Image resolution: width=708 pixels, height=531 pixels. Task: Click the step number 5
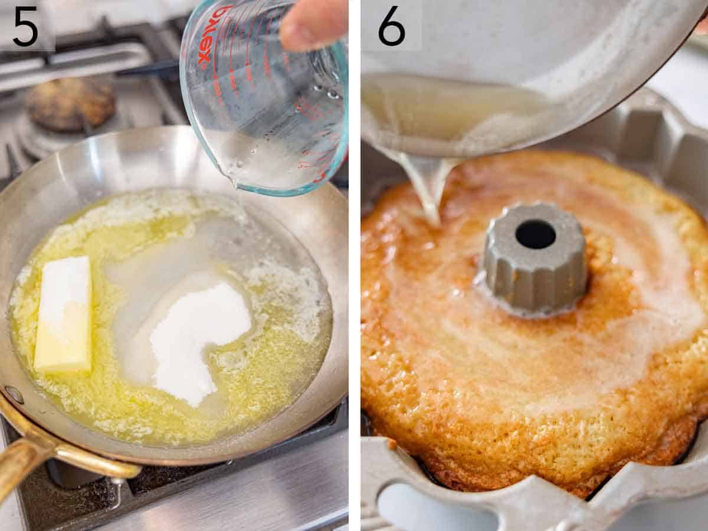[25, 27]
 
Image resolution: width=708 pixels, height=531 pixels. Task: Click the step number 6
[392, 27]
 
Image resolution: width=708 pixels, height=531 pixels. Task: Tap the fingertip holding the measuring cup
[310, 27]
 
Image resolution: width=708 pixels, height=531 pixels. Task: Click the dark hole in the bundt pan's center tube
[535, 234]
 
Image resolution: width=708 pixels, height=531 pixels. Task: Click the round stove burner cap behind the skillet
[70, 103]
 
